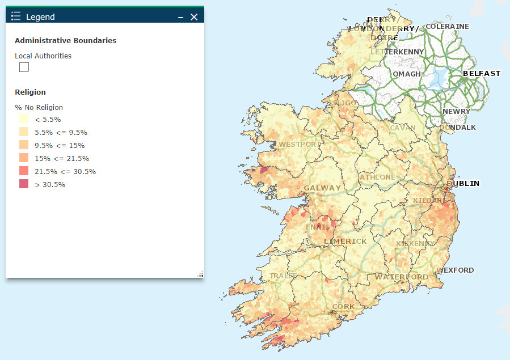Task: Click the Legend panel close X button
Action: (194, 17)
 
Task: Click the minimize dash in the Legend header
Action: (180, 18)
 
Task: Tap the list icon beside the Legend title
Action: (16, 16)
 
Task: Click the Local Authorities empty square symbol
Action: (24, 67)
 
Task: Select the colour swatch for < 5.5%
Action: (24, 120)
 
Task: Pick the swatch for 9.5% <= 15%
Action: (24, 145)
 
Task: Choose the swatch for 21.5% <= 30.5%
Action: (24, 171)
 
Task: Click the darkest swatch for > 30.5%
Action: (24, 184)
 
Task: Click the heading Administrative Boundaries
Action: (65, 41)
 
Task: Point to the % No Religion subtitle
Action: (39, 107)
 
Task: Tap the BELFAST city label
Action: (482, 73)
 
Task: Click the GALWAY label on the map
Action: (322, 188)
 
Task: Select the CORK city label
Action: (343, 306)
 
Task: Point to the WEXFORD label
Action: (456, 270)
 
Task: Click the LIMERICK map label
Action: (345, 241)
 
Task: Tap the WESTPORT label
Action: (298, 144)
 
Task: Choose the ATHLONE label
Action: (377, 177)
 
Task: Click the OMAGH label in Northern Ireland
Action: (407, 74)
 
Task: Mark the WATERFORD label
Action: (401, 277)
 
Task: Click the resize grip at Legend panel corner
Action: (200, 274)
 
